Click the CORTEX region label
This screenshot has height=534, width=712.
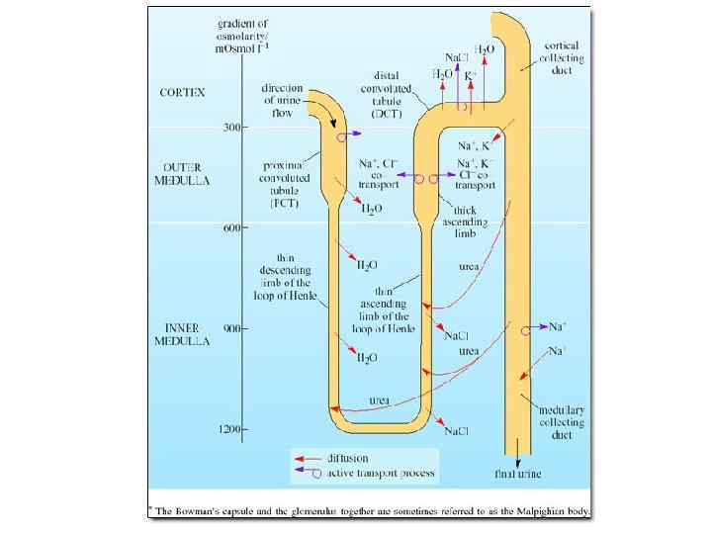182,92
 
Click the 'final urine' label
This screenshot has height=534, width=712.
519,474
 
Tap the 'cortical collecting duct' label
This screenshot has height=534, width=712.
565,59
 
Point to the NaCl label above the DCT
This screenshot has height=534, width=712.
457,57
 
